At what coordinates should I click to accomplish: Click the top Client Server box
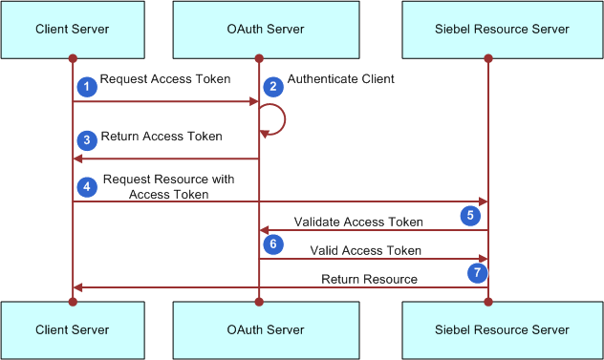tap(73, 30)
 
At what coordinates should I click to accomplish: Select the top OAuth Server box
tap(258, 30)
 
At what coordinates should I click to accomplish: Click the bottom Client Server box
tap(73, 329)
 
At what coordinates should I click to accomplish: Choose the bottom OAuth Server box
tap(258, 329)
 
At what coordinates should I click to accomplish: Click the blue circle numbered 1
tap(87, 87)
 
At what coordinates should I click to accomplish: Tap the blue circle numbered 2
tap(273, 87)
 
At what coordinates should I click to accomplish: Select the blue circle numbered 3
tap(87, 140)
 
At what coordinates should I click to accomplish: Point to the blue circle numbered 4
tap(87, 186)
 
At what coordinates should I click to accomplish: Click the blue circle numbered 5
tap(470, 216)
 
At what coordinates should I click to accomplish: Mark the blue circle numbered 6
tap(273, 244)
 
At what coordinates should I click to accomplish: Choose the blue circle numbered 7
tap(475, 273)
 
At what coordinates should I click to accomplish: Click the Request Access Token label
tap(165, 79)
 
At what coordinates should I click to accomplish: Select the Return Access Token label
tap(162, 137)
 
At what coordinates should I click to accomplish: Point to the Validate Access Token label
tap(358, 222)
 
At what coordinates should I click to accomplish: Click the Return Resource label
tap(369, 279)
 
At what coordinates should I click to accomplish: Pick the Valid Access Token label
tap(365, 250)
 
